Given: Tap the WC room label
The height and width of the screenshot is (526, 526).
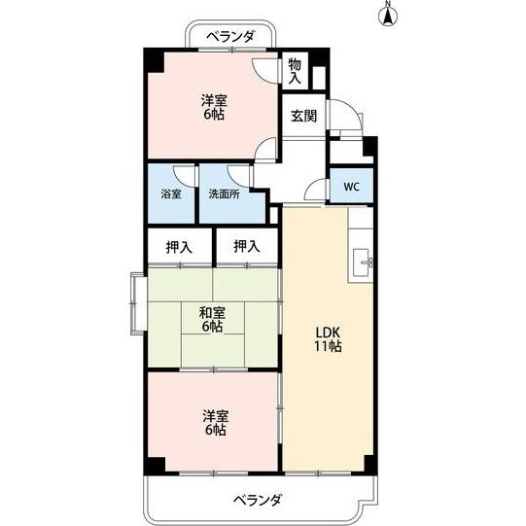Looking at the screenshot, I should [350, 185].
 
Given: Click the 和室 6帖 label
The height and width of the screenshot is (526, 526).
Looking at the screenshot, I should [213, 319].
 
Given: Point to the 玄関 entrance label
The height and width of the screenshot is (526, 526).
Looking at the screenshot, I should [303, 116].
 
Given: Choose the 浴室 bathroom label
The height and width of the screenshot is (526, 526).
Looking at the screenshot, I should [171, 193].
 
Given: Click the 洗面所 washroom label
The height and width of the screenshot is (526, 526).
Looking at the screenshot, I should [224, 193].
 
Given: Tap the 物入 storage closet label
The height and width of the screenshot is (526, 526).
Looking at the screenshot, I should [294, 70].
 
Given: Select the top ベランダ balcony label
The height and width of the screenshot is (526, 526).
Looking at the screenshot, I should [230, 37].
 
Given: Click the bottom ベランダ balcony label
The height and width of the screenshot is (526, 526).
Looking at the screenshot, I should [257, 500].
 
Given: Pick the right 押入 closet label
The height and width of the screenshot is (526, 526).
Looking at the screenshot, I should [247, 246].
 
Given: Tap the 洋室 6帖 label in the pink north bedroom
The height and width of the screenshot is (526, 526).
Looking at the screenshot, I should [215, 106].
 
